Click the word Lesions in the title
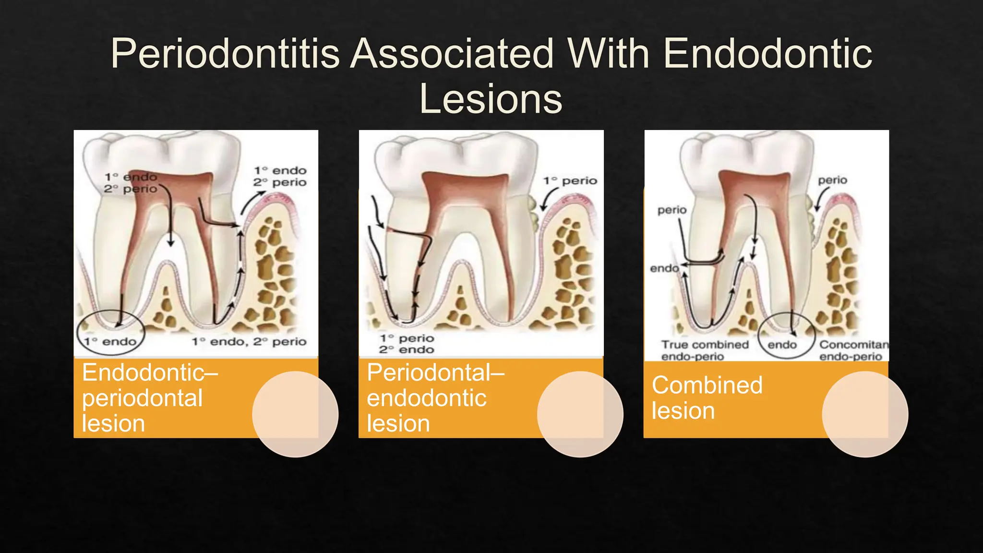tap(491, 99)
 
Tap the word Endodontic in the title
tap(768, 54)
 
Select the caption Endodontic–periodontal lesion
tap(150, 398)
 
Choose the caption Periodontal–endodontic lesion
tap(435, 398)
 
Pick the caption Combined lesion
tap(707, 398)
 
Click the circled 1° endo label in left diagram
tap(110, 341)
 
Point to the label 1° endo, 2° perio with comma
tap(249, 341)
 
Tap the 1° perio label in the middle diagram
tap(570, 181)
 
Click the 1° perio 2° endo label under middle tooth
tap(407, 344)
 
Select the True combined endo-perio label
tap(705, 350)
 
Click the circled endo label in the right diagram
tap(782, 345)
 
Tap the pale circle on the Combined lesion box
tap(865, 414)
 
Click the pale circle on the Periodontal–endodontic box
tap(580, 414)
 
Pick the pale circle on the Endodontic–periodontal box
tap(295, 414)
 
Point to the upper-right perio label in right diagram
tap(833, 180)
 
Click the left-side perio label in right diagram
tap(672, 210)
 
